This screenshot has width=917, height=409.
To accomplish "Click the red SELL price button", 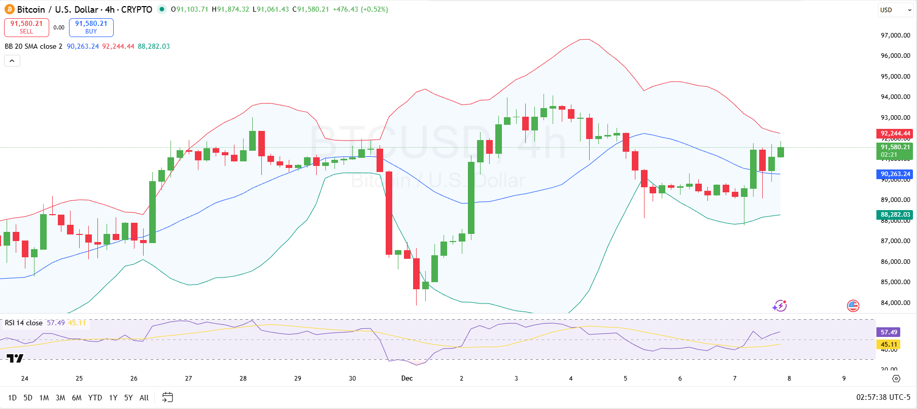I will pos(26,27).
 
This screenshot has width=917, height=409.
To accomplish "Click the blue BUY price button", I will pos(91,27).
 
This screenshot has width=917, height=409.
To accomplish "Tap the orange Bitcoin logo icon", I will pos(9,9).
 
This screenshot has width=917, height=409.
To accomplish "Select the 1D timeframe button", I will pos(12,398).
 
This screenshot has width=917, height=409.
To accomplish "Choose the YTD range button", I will pos(95,398).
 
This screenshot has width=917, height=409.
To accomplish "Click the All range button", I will pos(144,398).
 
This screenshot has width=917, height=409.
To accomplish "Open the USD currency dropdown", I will pos(895,10).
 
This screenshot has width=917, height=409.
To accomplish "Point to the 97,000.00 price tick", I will pos(895,35).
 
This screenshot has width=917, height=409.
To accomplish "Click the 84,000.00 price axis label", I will pos(895,303).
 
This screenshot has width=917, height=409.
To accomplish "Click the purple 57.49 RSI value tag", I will pos(889,332).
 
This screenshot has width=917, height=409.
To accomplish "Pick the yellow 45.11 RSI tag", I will pos(889,345).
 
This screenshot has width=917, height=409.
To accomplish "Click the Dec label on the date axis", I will pos(407,379).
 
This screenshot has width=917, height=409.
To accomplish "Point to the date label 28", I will pos(243,379).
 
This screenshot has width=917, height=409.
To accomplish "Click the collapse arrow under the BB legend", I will pos(12,61).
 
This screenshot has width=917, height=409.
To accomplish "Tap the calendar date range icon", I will pos(167,397).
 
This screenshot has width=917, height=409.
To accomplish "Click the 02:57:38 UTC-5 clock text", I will pos(883,397).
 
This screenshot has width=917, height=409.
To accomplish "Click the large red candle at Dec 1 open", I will pos(389,213).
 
